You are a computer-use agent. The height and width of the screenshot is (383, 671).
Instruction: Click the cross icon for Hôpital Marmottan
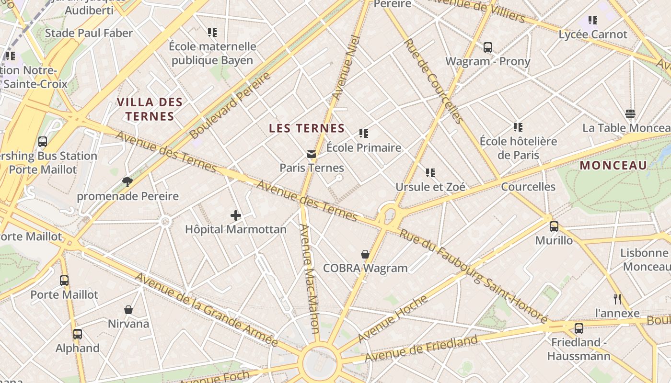coord(235,215)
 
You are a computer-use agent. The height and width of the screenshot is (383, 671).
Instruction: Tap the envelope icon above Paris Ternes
coord(312,154)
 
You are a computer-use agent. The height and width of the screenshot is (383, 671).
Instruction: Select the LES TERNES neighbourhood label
coord(307,128)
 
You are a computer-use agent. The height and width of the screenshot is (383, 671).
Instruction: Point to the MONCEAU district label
coord(613,166)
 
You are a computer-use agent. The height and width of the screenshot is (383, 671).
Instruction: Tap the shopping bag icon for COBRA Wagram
coord(365,254)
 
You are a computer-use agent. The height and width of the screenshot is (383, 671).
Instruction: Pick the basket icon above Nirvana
coord(128,310)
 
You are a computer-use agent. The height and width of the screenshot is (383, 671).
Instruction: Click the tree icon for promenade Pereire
coord(127,181)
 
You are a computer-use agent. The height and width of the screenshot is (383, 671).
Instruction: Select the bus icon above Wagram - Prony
coord(487,47)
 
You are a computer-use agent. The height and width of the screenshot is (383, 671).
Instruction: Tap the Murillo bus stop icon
coord(554,226)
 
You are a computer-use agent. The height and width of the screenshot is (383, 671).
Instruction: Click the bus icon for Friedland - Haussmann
coord(578,328)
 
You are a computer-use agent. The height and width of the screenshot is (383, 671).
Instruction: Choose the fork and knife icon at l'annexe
coord(617,299)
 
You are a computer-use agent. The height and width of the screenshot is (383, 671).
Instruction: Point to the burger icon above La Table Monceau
coord(630,114)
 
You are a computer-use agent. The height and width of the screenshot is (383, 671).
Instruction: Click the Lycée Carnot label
coord(593,34)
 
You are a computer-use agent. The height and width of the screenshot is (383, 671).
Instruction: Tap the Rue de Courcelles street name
coord(432,81)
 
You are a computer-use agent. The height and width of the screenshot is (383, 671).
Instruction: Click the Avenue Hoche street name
coord(392,319)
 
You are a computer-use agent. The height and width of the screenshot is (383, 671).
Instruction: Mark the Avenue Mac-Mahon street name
coord(310,278)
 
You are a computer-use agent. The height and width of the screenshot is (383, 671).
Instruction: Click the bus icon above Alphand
coord(77,334)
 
